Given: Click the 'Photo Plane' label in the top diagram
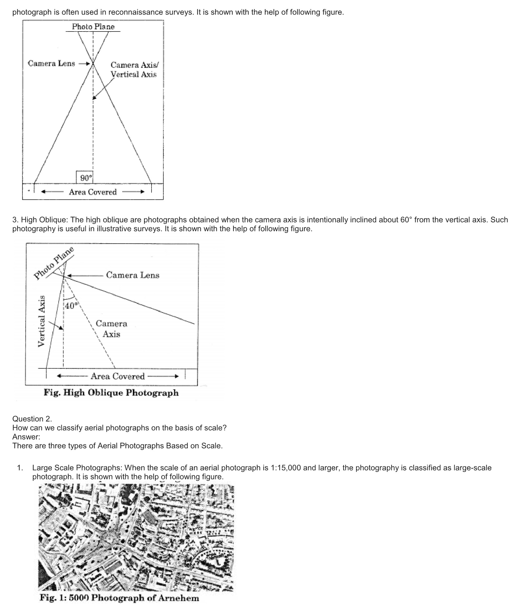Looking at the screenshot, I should (x=93, y=27).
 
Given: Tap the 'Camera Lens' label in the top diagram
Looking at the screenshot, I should (x=51, y=63).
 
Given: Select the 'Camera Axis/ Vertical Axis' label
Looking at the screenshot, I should (x=134, y=70).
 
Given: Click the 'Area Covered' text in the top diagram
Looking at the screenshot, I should (x=93, y=192).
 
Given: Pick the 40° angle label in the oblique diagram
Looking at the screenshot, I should (x=71, y=306).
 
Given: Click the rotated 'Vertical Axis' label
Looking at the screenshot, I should (x=41, y=321).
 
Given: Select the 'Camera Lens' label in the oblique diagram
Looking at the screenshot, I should (x=132, y=275).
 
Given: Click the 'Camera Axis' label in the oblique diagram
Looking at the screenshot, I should (x=111, y=329).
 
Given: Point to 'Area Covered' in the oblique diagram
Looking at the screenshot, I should (x=118, y=376).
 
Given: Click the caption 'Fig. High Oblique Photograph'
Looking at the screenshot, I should (x=111, y=392).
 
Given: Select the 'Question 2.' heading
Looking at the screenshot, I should (x=32, y=419).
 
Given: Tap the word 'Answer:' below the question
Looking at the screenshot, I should (x=26, y=437).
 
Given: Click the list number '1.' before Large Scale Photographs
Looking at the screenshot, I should (x=20, y=468).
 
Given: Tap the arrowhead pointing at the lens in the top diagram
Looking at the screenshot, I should (x=88, y=64).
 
